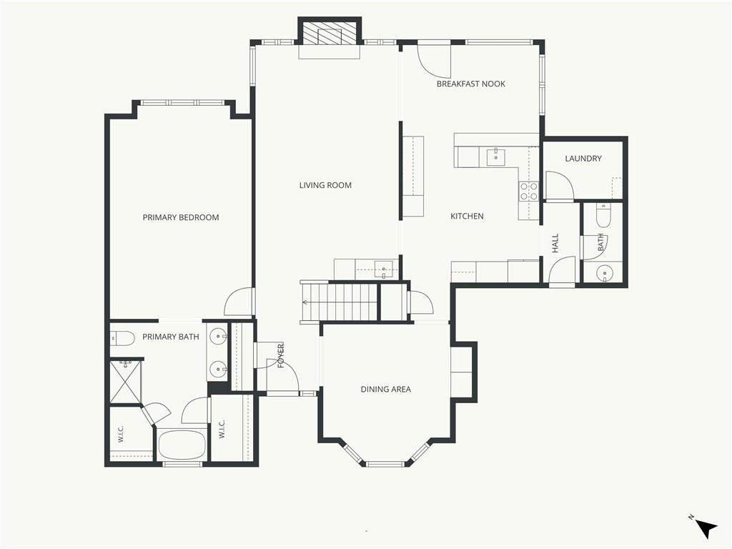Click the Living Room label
(x=325, y=185)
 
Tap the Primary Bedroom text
(x=181, y=217)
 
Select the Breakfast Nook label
(x=471, y=84)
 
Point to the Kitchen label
(x=467, y=216)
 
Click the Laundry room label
(x=583, y=159)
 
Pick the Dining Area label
(x=386, y=390)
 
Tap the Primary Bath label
(x=171, y=337)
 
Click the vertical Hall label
(x=555, y=244)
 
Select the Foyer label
(x=281, y=356)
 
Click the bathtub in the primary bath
(x=182, y=445)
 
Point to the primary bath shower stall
(x=125, y=381)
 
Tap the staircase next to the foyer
(x=340, y=302)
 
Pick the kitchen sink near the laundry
(x=496, y=157)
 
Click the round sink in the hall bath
(x=605, y=272)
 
